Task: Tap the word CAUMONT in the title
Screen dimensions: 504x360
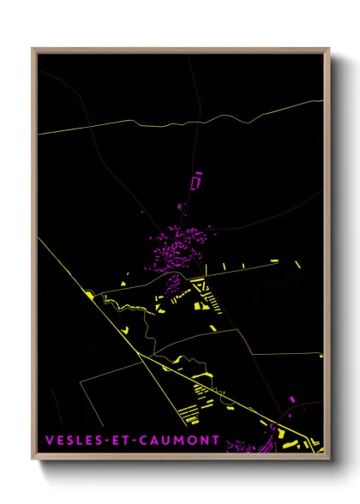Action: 178,441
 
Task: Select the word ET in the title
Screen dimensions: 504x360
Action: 119,441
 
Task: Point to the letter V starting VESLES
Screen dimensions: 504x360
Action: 49,441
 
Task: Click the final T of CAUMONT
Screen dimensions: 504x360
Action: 215,441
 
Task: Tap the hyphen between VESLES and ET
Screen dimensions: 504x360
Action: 105,441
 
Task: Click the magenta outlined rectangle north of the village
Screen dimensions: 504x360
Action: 195,182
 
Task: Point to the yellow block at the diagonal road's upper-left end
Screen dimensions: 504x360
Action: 89,295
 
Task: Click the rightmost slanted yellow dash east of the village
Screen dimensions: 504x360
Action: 297,265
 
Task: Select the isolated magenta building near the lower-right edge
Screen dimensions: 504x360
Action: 292,399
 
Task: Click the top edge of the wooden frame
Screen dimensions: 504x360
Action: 180,49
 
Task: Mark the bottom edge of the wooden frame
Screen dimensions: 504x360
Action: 180,460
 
